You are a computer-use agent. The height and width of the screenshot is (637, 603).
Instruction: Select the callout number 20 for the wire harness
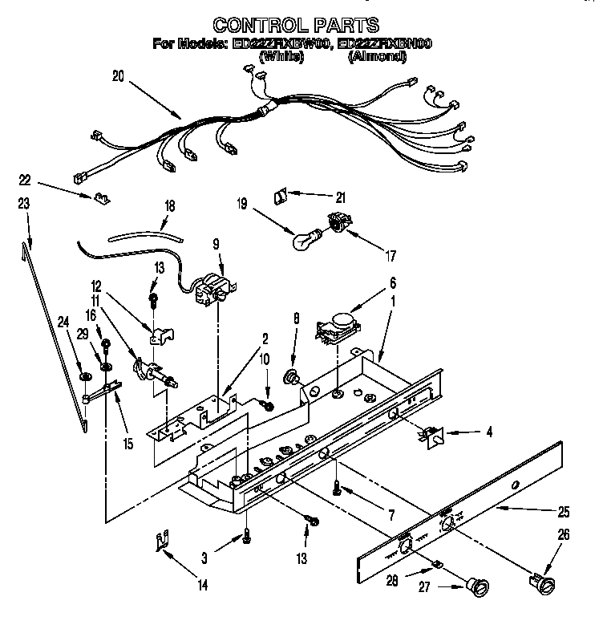pyautogui.click(x=119, y=77)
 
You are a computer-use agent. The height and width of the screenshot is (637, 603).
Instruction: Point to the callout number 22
pyautogui.click(x=25, y=181)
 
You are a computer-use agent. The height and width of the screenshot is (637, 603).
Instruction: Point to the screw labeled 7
pyautogui.click(x=338, y=487)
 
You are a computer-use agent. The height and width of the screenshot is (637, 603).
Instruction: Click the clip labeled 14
pyautogui.click(x=162, y=543)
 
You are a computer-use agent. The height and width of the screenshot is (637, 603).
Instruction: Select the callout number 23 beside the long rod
pyautogui.click(x=24, y=205)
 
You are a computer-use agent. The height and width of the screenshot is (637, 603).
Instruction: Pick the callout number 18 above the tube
pyautogui.click(x=168, y=205)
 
